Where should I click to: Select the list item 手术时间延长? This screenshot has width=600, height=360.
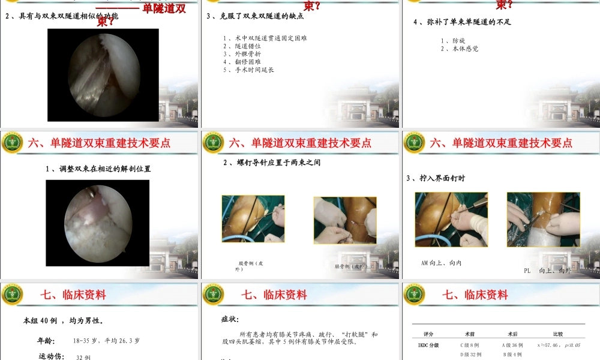tap(248, 70)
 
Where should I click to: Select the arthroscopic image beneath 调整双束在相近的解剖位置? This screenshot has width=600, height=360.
tap(97, 223)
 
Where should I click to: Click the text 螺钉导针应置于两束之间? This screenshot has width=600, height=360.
tap(272, 163)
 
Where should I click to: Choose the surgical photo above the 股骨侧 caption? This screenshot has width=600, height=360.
tap(253, 218)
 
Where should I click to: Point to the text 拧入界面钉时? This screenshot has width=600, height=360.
tap(436, 178)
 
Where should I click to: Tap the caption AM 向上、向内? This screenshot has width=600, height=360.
tap(442, 263)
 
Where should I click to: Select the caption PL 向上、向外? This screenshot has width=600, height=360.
tap(548, 271)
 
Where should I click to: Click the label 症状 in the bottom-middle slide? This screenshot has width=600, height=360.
tap(230, 319)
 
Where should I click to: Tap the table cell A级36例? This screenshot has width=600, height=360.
tap(512, 346)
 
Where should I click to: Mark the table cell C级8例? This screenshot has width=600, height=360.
tap(470, 346)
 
